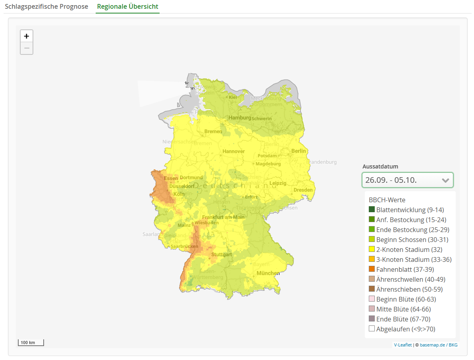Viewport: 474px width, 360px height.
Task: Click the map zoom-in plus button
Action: (x=27, y=36)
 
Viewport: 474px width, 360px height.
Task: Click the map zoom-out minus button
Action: (x=27, y=48)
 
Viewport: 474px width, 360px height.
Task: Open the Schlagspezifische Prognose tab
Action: (x=46, y=7)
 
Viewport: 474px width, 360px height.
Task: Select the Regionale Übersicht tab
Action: (x=127, y=7)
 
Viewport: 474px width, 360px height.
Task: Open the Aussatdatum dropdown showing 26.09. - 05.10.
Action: (x=407, y=180)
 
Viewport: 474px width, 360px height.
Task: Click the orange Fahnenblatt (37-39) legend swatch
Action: (x=372, y=269)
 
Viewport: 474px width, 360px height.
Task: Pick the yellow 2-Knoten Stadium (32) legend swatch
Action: (x=372, y=250)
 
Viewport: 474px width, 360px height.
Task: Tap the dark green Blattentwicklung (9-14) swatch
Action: (x=372, y=210)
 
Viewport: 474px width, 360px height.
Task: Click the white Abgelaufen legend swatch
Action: (x=372, y=329)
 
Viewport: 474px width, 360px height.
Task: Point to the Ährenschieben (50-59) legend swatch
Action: (x=372, y=289)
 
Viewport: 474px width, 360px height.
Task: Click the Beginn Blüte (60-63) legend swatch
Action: (x=372, y=299)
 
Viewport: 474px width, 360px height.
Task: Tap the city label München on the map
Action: (x=268, y=273)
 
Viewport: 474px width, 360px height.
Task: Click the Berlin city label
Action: (x=299, y=151)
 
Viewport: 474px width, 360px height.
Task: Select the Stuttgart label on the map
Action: (x=221, y=254)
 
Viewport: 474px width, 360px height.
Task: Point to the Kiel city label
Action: (x=233, y=97)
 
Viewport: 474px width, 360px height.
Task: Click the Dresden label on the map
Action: (x=303, y=190)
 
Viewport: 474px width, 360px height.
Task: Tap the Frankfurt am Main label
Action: (x=223, y=217)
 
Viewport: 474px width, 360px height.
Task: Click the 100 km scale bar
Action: (x=31, y=342)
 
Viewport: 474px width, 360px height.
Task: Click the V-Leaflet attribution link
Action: (x=403, y=345)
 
